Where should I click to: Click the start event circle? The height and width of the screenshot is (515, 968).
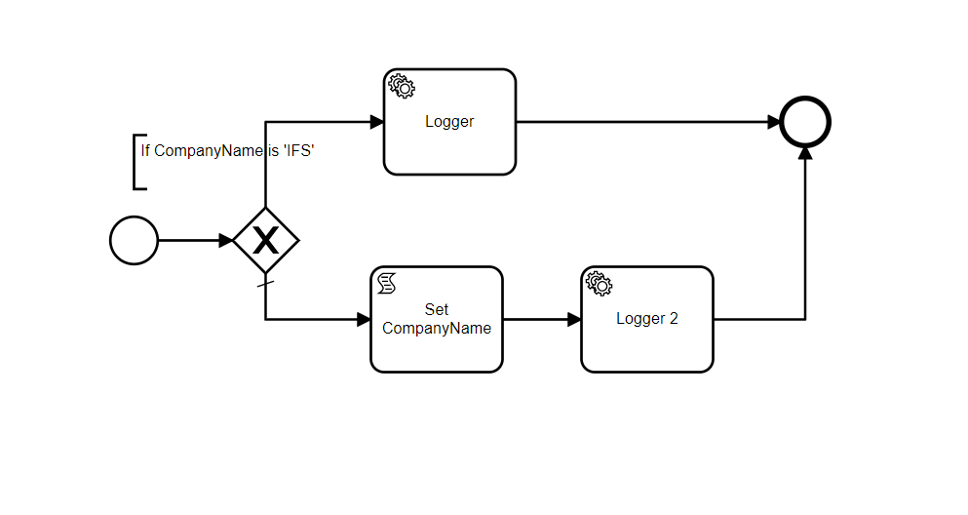point(134,240)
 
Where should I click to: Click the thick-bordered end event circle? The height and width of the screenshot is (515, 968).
point(805,123)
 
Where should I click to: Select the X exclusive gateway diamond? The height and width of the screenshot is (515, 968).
point(265,240)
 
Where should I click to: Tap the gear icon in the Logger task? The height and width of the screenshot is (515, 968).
point(402,86)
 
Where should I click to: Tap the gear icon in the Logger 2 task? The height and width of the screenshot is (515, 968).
point(599,284)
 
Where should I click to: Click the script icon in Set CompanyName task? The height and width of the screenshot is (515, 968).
point(387,284)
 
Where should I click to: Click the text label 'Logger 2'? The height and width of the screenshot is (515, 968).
point(647,319)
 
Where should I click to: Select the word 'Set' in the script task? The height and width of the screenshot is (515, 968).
point(437,310)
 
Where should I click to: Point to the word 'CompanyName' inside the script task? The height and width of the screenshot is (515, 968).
point(437,329)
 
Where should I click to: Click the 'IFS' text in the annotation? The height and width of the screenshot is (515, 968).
point(299,151)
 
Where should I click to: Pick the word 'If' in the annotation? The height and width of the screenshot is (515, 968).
point(145,151)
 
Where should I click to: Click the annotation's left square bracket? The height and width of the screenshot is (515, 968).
point(136,161)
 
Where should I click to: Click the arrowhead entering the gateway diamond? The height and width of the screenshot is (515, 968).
point(226,240)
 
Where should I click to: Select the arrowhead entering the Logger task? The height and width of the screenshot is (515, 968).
point(377,123)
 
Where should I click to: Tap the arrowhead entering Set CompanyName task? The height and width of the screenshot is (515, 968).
point(364,319)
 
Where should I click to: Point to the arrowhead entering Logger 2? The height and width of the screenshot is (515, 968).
point(574,319)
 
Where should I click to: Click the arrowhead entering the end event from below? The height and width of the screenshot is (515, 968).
point(805,154)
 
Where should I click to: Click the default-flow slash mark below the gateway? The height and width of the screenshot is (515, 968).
point(265,285)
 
